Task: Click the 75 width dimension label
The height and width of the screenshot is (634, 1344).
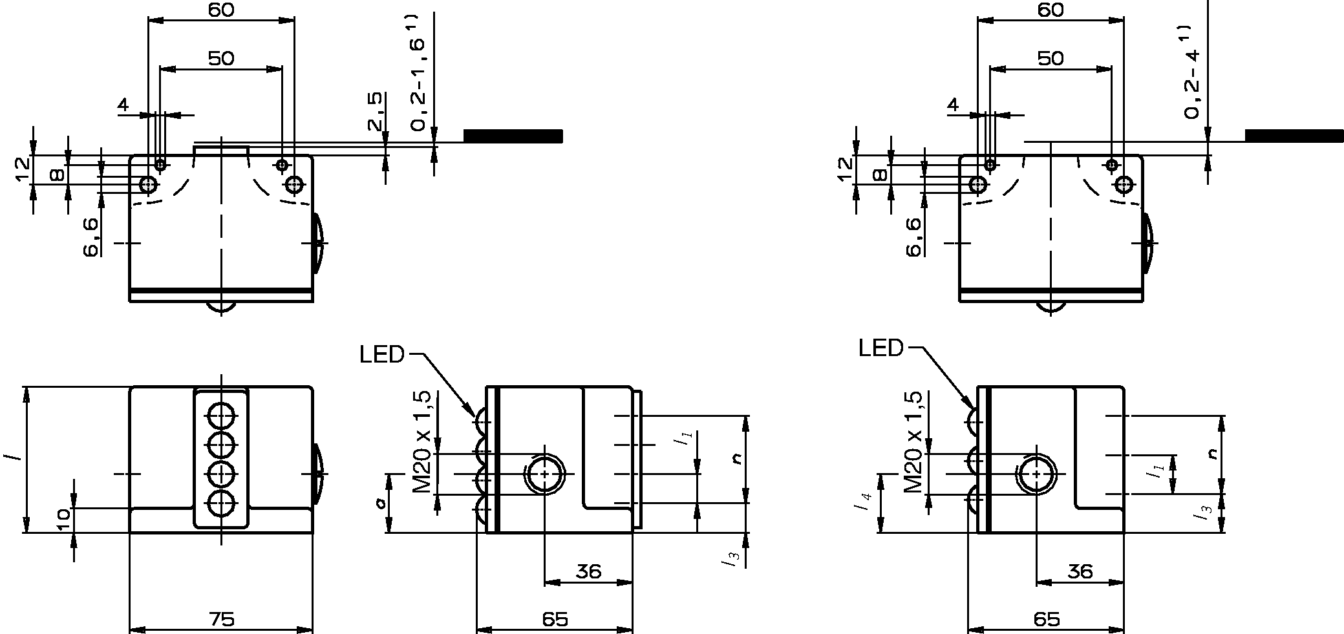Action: point(221,620)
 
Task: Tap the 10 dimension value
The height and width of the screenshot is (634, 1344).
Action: point(63,519)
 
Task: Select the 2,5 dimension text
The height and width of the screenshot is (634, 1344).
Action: point(375,111)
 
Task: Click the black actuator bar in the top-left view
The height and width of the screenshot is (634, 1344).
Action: point(513,136)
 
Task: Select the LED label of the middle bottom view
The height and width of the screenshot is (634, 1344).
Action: point(381,354)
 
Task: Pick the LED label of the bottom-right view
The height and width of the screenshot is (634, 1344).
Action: point(880,348)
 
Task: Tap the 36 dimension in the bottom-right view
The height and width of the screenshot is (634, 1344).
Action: point(1080,571)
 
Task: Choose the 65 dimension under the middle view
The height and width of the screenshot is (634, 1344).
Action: point(554,620)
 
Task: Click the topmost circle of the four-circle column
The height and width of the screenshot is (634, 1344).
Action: point(221,414)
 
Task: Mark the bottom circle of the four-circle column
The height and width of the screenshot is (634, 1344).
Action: point(221,503)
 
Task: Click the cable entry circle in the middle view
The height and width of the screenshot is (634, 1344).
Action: point(544,474)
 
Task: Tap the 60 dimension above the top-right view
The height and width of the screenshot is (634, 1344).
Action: point(1050,10)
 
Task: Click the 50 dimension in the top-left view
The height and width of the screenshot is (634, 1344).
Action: point(221,58)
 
